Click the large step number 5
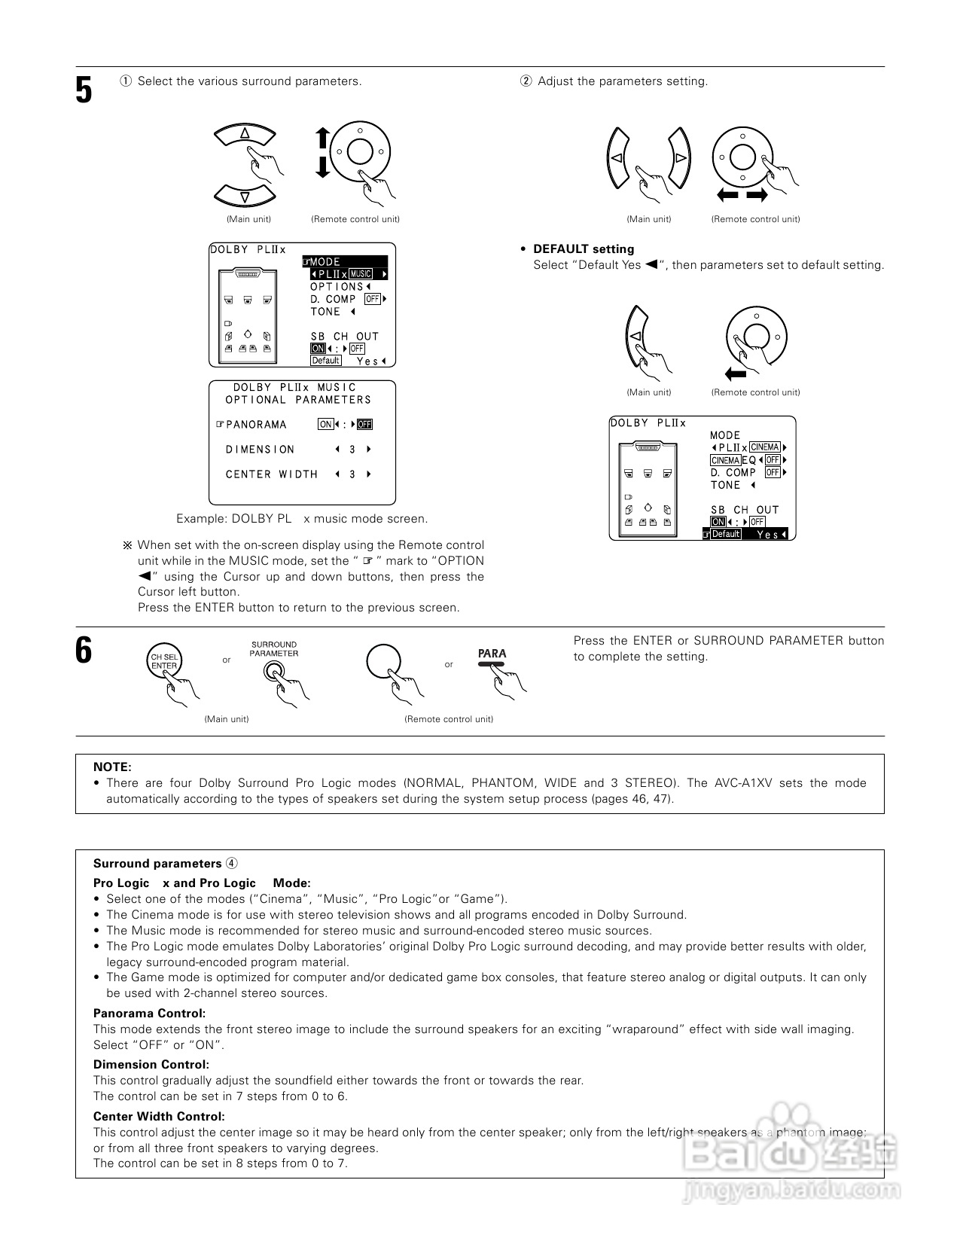coord(84,90)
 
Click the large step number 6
coord(84,650)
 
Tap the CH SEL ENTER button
coord(164,661)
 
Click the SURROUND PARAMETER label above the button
coord(274,649)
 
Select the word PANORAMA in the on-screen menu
coord(256,425)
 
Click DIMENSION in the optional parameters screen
coord(261,450)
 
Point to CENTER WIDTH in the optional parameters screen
coord(272,474)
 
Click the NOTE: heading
coord(112,767)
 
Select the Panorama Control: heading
coord(149,1014)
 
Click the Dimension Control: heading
coord(151,1065)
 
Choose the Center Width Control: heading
coord(159,1117)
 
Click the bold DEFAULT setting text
coord(584,249)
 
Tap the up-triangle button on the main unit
coord(245,134)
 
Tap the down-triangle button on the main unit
coord(245,197)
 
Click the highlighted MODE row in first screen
coord(346,262)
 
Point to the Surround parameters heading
coord(157,864)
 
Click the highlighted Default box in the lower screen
coord(726,534)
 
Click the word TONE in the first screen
coord(325,312)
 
